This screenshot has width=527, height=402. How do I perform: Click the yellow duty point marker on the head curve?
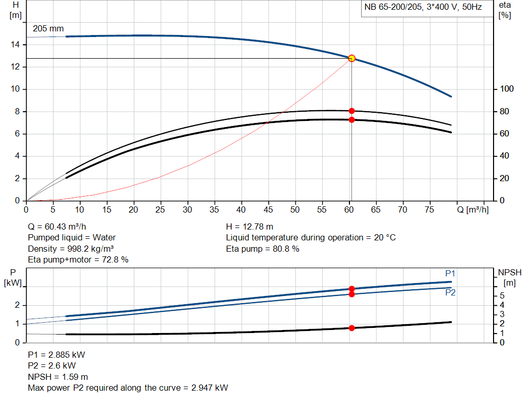(352, 58)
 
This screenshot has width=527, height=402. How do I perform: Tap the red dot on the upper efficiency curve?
(352, 111)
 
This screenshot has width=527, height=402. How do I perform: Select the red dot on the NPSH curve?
(352, 328)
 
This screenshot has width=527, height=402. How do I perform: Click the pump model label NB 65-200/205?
(394, 8)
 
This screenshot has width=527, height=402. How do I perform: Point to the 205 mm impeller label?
(48, 29)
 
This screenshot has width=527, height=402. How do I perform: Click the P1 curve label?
(450, 273)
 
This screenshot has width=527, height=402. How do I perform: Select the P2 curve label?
(450, 292)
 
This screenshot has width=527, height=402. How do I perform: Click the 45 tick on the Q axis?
(268, 209)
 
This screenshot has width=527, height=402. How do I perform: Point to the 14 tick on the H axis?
(15, 45)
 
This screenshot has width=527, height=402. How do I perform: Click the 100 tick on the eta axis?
(506, 90)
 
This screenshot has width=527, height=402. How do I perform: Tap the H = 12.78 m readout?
(250, 226)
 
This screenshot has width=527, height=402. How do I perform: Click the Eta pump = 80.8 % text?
(262, 249)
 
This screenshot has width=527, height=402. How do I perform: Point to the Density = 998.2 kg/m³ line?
(71, 249)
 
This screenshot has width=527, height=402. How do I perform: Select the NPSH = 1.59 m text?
(58, 377)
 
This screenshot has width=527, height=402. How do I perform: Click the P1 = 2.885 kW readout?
(57, 355)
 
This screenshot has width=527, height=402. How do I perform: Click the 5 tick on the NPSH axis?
(502, 295)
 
